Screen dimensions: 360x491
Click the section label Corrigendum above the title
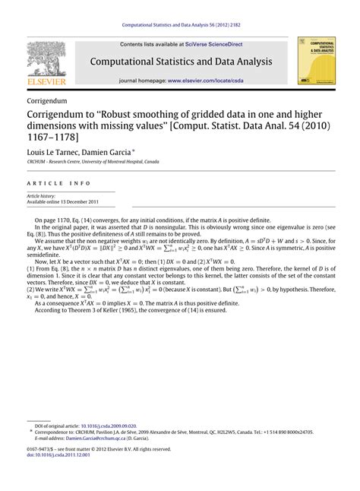[x=46, y=100]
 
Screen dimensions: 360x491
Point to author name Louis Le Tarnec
[x=55, y=153]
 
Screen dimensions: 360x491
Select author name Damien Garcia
[x=111, y=153]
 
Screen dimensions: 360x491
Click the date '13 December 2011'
[x=83, y=201]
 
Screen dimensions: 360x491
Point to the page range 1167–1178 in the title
[x=54, y=139]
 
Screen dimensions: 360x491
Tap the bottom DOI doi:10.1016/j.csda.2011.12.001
[x=57, y=455]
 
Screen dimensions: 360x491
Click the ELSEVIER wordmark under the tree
[x=46, y=81]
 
